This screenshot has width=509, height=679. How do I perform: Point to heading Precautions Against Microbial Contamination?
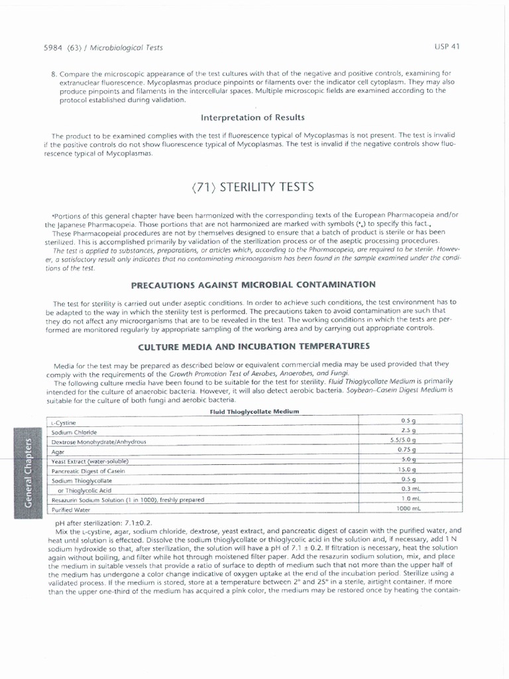click(253, 284)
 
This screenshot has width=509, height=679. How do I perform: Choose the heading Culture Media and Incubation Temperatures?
click(253, 346)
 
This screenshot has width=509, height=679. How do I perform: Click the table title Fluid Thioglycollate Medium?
click(255, 411)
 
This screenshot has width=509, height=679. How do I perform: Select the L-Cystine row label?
click(64, 422)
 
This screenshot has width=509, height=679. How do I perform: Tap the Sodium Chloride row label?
click(74, 432)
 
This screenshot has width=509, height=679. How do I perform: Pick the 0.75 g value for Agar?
click(408, 450)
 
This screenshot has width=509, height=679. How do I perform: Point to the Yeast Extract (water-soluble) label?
click(89, 461)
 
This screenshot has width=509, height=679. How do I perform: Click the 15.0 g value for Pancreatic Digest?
click(408, 469)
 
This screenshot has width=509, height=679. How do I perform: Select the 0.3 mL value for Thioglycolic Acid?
click(408, 489)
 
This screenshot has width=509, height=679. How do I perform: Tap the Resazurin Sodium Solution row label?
click(127, 499)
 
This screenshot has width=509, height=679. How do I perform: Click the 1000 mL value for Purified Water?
click(408, 509)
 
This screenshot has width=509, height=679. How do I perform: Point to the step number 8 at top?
click(53, 73)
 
